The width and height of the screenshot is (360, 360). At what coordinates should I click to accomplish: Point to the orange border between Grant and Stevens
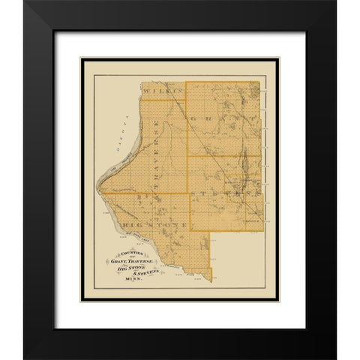point(225,157)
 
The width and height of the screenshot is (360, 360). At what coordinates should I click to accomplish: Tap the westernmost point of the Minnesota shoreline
point(96,193)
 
